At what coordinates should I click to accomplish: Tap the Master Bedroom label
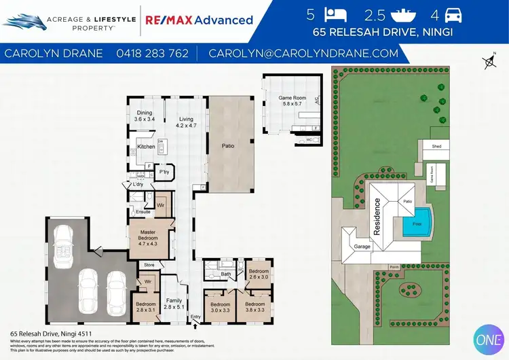[147, 240]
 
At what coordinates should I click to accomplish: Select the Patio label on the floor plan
[229, 145]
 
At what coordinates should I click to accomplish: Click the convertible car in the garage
[65, 247]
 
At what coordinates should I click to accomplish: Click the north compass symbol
[488, 62]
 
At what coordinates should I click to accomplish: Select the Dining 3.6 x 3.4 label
[145, 115]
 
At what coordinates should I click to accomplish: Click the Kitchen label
[146, 146]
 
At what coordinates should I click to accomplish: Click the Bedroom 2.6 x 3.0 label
[259, 274]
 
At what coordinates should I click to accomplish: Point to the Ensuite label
[143, 212]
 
